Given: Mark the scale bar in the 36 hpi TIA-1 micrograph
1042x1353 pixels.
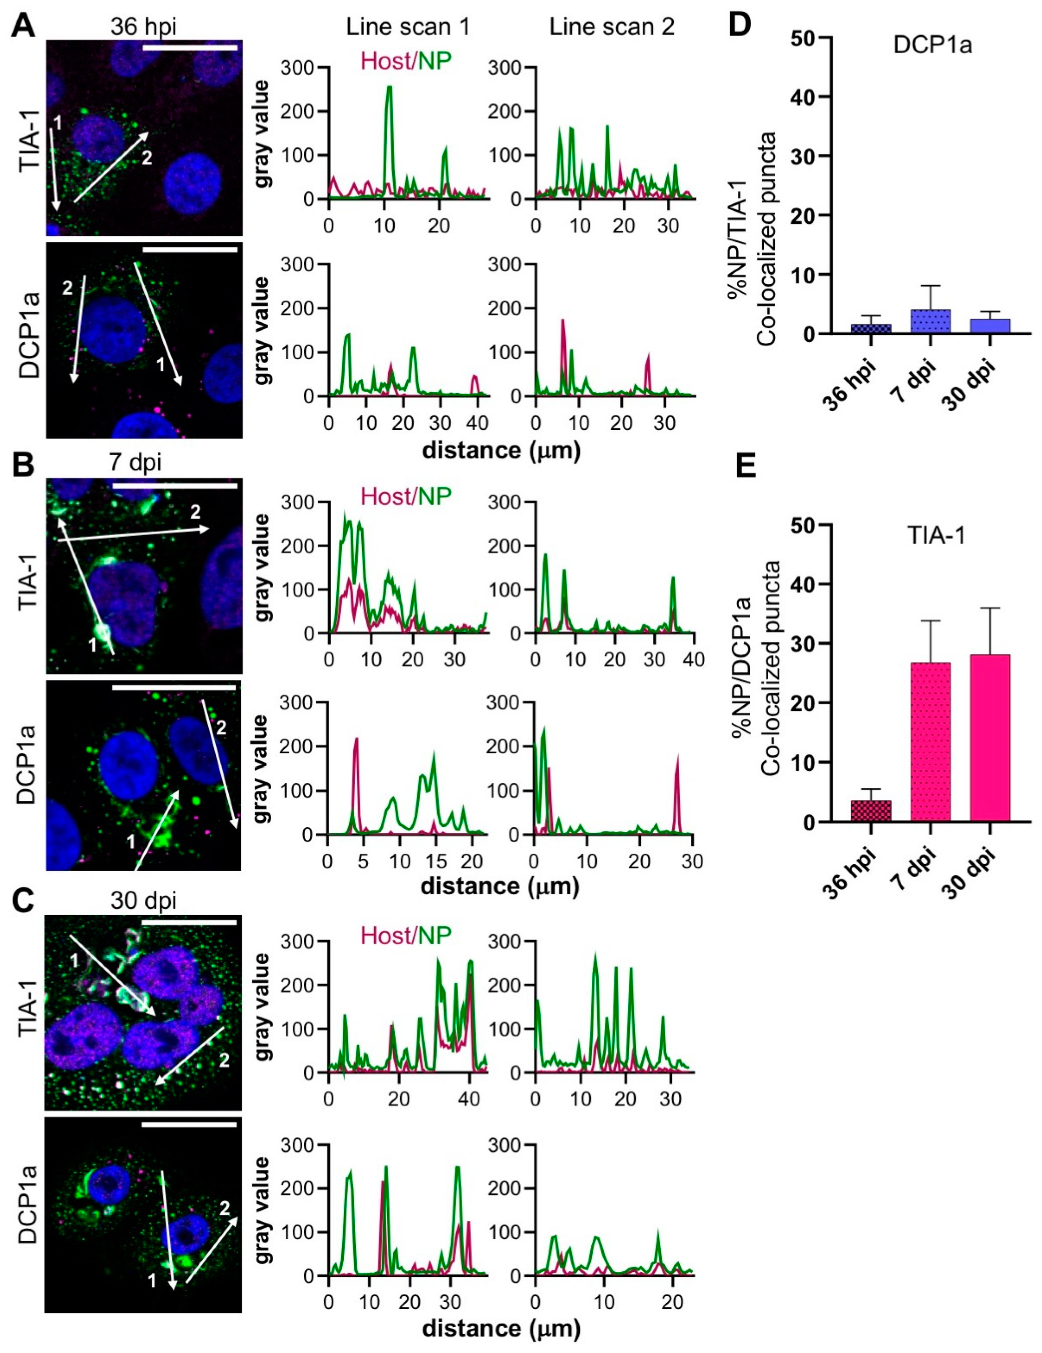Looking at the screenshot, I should (x=190, y=47).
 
